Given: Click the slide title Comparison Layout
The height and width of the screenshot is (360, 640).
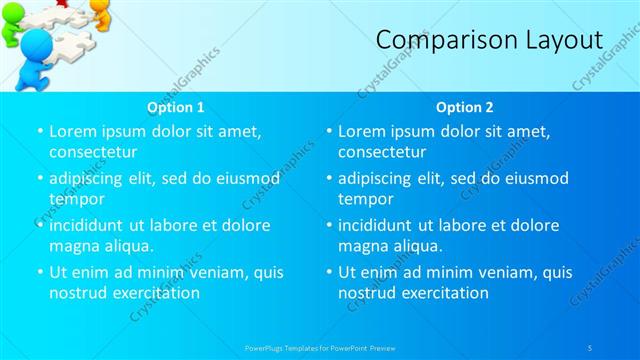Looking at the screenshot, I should click(x=489, y=40).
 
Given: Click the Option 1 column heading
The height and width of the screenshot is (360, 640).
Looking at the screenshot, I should click(x=176, y=107).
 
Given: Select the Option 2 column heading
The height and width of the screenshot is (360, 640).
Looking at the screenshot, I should click(x=465, y=107).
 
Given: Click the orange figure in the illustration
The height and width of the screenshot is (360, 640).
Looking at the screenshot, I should click(x=101, y=11).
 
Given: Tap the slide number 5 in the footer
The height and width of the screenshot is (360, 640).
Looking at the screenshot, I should click(x=590, y=347).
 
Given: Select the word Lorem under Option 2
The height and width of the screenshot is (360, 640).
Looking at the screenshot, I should click(x=361, y=131).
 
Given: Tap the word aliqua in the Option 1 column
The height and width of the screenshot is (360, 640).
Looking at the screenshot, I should click(x=126, y=245).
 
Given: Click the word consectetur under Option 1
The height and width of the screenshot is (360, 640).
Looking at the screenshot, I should click(x=92, y=152).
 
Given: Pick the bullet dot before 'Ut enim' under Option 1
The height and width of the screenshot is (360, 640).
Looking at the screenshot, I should click(x=39, y=272).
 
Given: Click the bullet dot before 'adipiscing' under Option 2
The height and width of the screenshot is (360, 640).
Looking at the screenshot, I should click(x=328, y=178).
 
